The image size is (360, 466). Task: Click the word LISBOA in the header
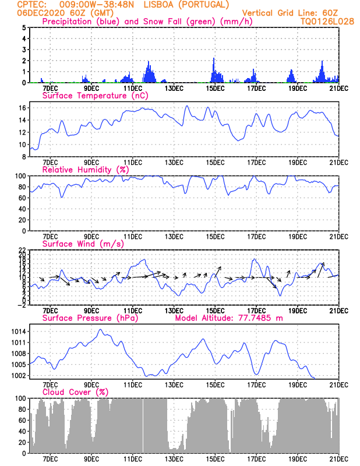tap(158, 5)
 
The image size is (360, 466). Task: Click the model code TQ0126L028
tap(327, 22)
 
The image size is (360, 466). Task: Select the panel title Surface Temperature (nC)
tap(95, 96)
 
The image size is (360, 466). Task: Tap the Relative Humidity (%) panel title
tap(86, 170)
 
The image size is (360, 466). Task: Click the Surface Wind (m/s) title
tap(83, 244)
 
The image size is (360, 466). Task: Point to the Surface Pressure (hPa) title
tap(90, 318)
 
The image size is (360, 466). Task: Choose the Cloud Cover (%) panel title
tap(75, 392)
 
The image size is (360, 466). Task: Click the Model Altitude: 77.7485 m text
tap(229, 318)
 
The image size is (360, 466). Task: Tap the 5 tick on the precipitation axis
tap(24, 27)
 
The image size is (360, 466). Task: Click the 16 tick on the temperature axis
tap(23, 108)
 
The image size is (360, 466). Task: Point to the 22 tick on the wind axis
tap(23, 250)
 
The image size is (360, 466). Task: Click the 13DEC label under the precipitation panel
tap(174, 89)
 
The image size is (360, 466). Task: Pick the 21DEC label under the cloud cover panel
tap(339, 459)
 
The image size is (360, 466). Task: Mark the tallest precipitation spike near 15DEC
tap(213, 70)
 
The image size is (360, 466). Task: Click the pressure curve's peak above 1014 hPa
tap(100, 329)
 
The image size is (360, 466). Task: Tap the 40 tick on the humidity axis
tap(23, 209)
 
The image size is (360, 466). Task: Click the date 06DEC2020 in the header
tap(41, 13)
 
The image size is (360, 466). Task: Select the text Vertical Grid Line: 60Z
tap(290, 13)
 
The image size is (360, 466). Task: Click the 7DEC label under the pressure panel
tap(50, 385)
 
